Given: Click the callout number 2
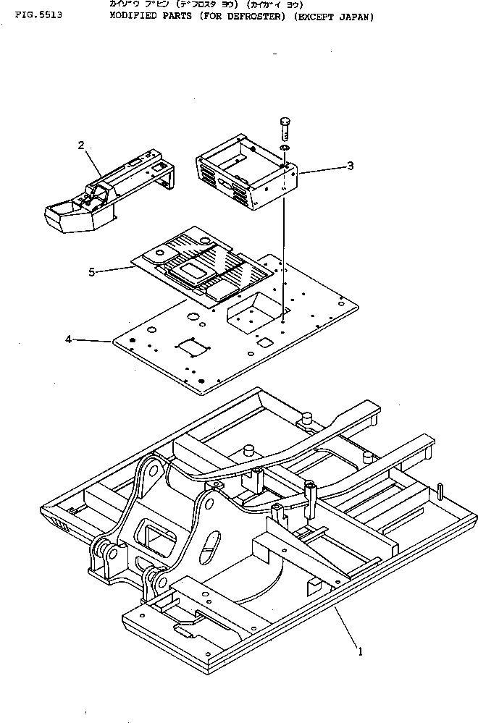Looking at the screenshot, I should coord(82,145).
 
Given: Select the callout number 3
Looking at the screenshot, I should coord(350,166).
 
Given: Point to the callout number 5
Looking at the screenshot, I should coord(91,272).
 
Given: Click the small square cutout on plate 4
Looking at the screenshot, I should coord(265,341).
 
